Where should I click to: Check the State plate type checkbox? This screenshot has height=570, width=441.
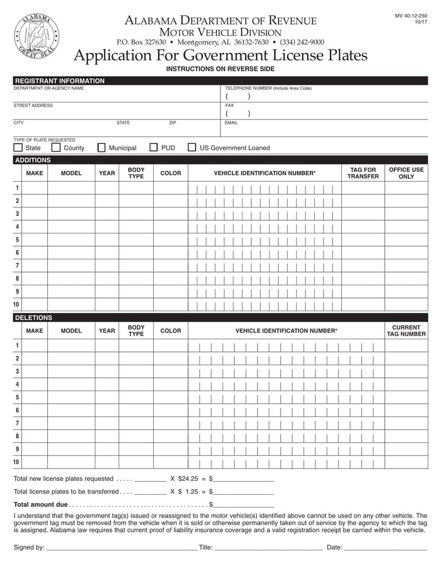[x=18, y=148]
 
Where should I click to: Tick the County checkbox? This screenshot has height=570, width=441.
[x=56, y=148]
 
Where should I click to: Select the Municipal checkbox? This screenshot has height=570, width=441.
[x=101, y=148]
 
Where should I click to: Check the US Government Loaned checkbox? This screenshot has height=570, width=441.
[x=192, y=148]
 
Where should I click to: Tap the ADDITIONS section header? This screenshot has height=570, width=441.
[x=33, y=160]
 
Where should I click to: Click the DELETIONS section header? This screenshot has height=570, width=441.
[x=33, y=318]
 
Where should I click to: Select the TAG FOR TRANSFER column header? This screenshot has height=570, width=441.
[x=363, y=173]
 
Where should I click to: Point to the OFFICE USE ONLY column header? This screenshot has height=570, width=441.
[x=406, y=173]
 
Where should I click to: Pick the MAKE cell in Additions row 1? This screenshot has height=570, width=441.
[x=34, y=188]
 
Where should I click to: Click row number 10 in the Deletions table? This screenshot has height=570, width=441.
[x=16, y=462]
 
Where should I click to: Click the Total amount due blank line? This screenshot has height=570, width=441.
[x=243, y=504]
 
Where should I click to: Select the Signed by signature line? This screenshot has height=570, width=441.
[x=122, y=547]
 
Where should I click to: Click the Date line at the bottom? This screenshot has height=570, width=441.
[x=386, y=547]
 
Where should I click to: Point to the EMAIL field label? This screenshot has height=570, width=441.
[x=232, y=123]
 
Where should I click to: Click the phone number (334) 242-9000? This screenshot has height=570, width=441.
[x=302, y=42]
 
